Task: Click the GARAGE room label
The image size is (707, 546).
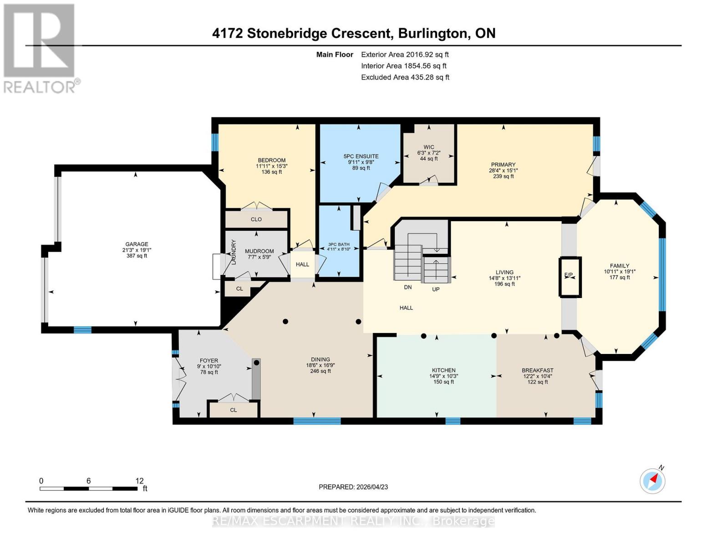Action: point(137,244)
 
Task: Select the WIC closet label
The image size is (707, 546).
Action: point(428,147)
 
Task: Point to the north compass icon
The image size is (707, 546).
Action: point(652,480)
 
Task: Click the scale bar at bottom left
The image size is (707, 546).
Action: point(88,488)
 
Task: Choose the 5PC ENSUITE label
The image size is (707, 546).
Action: point(361,157)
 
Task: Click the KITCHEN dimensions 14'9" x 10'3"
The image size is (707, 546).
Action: point(443,376)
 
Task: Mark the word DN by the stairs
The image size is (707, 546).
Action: point(408,287)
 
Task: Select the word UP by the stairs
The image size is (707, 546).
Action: point(436,289)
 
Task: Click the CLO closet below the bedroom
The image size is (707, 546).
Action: point(256,219)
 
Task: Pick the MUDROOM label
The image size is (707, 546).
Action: point(259,251)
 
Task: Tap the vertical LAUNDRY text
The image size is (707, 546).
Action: point(234,252)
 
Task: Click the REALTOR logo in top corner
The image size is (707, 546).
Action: point(40,48)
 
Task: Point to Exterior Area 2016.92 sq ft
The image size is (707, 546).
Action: point(405,55)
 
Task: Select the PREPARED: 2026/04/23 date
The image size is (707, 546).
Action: point(353,487)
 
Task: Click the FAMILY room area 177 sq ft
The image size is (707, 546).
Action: point(619,278)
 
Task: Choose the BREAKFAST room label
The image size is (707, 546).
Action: point(537,370)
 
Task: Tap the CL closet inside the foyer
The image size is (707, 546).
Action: point(233,410)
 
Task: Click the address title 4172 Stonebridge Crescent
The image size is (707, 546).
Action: point(301,33)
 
